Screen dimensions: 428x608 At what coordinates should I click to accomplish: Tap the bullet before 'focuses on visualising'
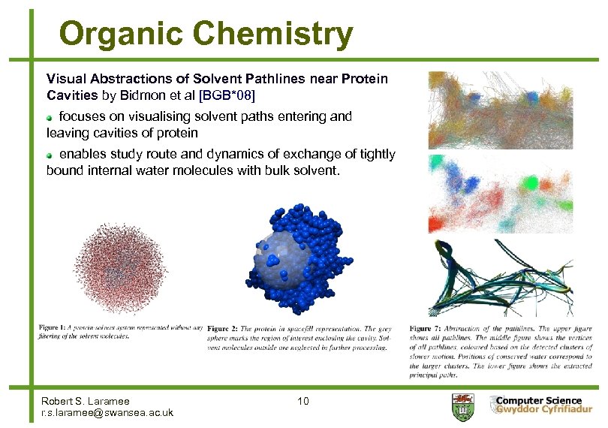(x=50, y=117)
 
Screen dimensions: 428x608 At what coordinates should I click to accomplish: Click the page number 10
(x=302, y=402)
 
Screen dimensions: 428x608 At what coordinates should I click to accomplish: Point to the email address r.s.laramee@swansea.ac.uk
(x=107, y=412)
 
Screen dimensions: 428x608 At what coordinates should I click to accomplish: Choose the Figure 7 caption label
(x=426, y=328)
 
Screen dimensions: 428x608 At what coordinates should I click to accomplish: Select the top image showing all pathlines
(x=510, y=110)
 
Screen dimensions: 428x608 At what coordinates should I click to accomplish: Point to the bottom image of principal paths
(x=510, y=278)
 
